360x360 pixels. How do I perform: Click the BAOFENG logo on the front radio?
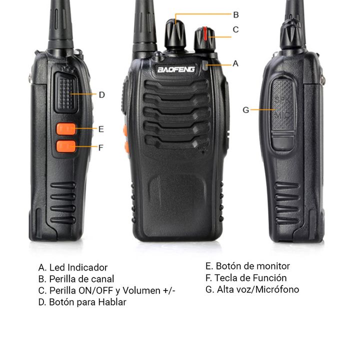pos(176,69)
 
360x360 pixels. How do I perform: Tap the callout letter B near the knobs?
pos(236,15)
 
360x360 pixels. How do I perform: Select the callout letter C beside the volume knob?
pos(235,29)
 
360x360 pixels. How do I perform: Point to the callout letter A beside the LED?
pos(235,63)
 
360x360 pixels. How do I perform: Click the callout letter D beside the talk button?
pos(101,95)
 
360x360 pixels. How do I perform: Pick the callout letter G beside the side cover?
pos(245,110)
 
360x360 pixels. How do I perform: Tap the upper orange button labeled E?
pos(66,129)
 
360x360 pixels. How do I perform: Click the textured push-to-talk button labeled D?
pos(66,93)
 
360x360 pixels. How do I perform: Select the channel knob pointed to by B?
pos(175,34)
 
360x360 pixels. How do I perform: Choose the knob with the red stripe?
pos(205,39)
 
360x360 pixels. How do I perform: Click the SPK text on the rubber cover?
pos(282,100)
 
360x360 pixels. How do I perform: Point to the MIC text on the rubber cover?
pos(282,115)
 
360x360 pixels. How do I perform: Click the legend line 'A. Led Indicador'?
pos(73,267)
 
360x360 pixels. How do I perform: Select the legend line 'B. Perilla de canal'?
pos(76,279)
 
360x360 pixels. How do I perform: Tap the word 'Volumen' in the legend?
pos(141,290)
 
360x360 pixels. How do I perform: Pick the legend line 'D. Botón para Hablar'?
pos(82,302)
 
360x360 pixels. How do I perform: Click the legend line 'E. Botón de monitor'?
pos(247,266)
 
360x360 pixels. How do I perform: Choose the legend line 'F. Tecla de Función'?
pos(246,278)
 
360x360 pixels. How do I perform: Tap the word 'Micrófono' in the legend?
pos(277,289)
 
